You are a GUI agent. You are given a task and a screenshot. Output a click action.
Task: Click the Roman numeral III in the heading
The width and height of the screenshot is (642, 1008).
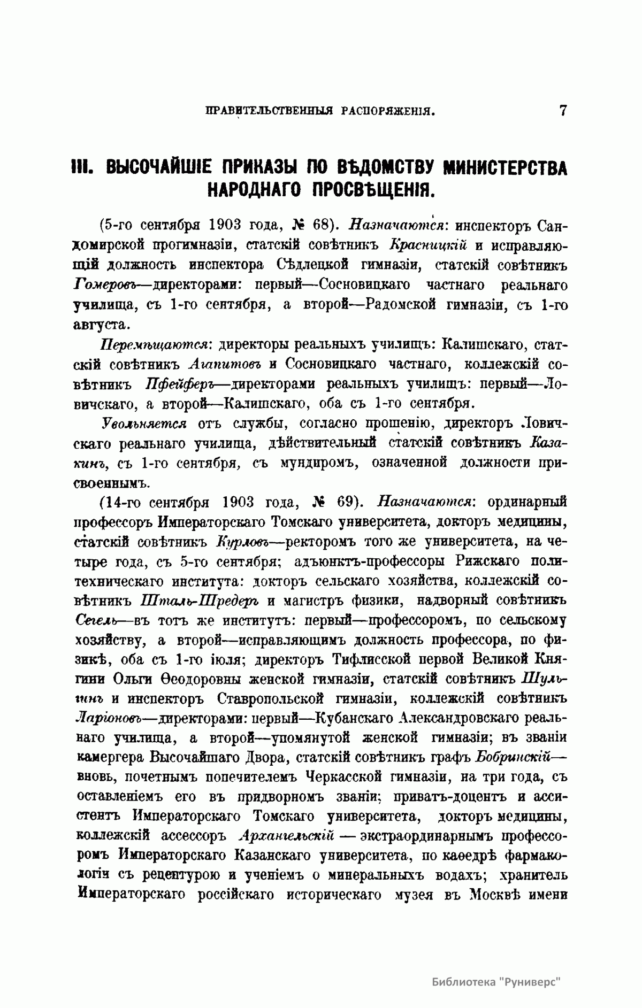tap(85, 167)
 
